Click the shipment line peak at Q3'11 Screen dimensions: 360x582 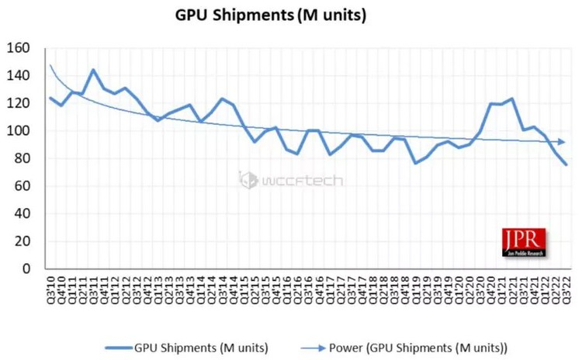pyautogui.click(x=93, y=70)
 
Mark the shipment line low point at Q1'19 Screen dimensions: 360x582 pyautogui.click(x=415, y=163)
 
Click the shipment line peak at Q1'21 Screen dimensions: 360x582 pyautogui.click(x=511, y=99)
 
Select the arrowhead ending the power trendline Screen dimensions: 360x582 pyautogui.click(x=562, y=142)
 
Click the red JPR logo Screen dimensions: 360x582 pyautogui.click(x=524, y=242)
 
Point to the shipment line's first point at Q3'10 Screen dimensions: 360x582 pyautogui.click(x=50, y=98)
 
